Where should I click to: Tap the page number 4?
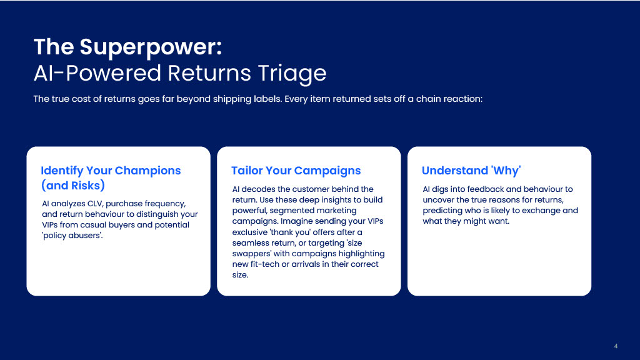pyautogui.click(x=616, y=346)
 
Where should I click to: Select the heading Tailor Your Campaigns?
pyautogui.click(x=296, y=171)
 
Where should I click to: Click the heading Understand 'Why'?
pyautogui.click(x=471, y=171)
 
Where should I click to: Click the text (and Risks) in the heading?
pyautogui.click(x=72, y=186)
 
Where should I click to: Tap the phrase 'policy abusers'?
pyautogui.click(x=72, y=236)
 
